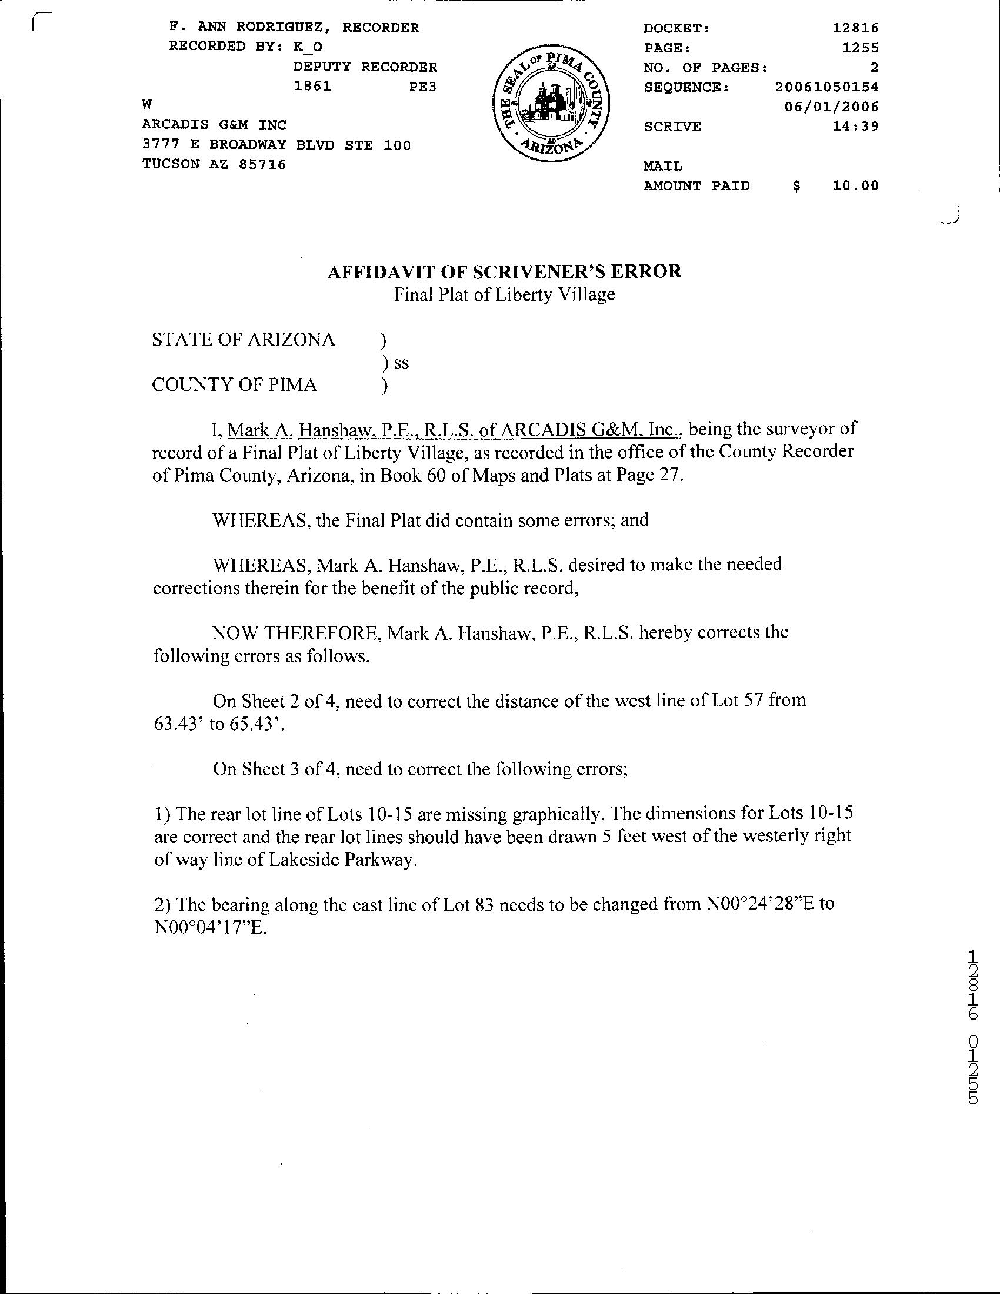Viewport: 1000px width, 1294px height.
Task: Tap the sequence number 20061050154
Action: tap(827, 87)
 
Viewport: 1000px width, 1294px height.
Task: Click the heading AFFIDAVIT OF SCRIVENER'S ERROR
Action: tap(505, 271)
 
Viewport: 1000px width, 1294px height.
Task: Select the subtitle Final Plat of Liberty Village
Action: tap(505, 294)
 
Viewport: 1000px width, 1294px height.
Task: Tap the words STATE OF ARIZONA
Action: tap(244, 340)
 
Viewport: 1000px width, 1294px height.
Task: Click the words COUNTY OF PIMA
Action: tap(235, 385)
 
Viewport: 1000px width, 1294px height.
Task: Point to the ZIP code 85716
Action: tap(262, 164)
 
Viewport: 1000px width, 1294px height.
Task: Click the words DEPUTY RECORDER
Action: tap(365, 67)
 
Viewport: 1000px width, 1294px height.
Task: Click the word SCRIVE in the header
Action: tap(672, 127)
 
